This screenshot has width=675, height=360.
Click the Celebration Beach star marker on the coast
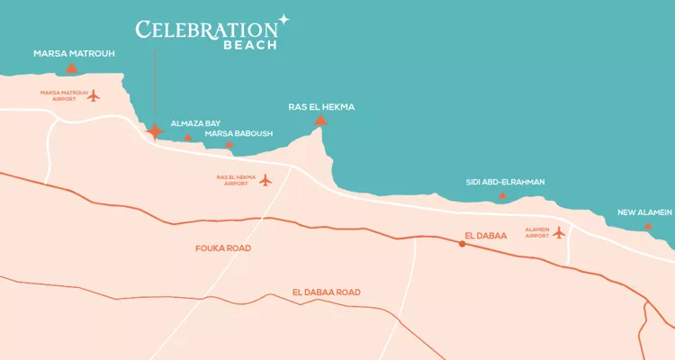[156, 132]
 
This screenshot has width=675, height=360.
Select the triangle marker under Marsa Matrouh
[71, 67]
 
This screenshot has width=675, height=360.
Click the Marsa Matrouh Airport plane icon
[94, 95]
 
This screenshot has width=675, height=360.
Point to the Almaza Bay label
[195, 123]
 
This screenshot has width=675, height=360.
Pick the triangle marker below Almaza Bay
[187, 138]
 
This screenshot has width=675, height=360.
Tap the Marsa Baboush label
[238, 133]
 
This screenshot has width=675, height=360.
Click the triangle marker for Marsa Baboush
[229, 144]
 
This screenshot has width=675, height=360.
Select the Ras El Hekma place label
[321, 107]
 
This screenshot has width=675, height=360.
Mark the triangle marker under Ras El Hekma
[320, 120]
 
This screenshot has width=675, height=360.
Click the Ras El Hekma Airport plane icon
[265, 180]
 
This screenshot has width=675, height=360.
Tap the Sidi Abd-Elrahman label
[505, 182]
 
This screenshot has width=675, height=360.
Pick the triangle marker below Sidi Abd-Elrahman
[502, 195]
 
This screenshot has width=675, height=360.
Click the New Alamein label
[644, 212]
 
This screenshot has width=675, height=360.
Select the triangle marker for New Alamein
[648, 226]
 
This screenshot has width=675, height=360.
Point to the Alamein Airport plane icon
[559, 232]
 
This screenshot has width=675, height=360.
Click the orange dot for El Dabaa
[462, 244]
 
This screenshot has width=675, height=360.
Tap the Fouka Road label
[223, 247]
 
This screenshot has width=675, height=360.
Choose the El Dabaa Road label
[327, 292]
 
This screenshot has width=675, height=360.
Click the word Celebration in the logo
[206, 30]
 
